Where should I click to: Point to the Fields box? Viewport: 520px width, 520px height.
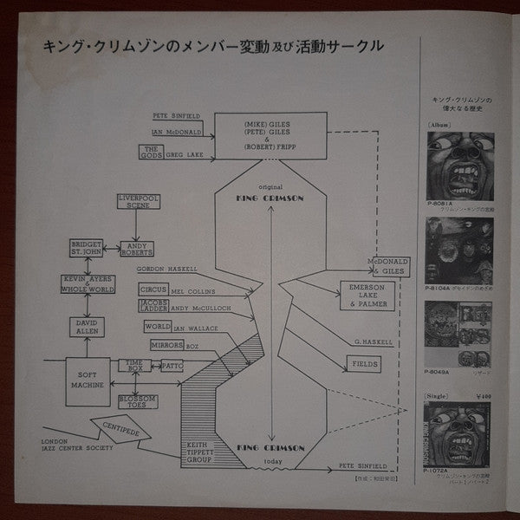(x=365, y=365)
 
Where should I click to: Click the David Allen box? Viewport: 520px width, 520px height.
(x=90, y=328)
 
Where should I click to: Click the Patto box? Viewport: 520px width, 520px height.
(x=171, y=367)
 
